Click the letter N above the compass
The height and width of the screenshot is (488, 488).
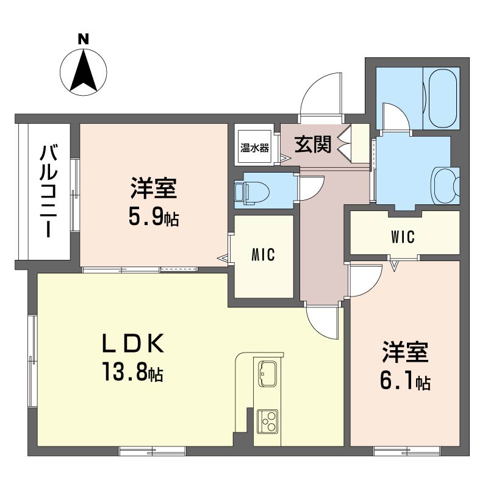[x=83, y=39]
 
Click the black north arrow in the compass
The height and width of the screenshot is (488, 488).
[x=83, y=71]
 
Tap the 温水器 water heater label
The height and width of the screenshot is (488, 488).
[x=254, y=148]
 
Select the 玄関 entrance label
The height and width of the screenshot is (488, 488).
[x=313, y=145]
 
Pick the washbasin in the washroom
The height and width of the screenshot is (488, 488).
[x=446, y=186]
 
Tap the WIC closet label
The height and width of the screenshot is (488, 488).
[x=403, y=237]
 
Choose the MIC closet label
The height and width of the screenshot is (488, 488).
[x=263, y=254]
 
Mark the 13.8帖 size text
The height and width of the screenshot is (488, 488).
[x=132, y=371]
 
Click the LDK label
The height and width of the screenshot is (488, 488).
[x=133, y=343]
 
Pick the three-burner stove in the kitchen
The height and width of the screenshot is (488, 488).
[x=267, y=422]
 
